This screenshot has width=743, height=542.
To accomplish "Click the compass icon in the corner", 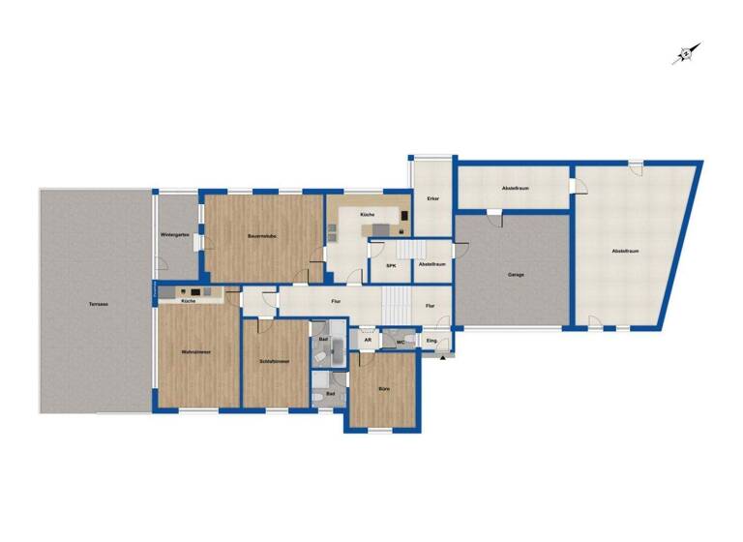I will [x=686, y=54].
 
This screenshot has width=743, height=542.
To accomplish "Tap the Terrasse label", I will [x=98, y=304].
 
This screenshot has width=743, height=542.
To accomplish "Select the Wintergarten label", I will [x=174, y=235].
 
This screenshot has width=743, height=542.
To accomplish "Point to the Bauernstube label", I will [x=262, y=235].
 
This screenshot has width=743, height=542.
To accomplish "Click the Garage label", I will [x=516, y=275].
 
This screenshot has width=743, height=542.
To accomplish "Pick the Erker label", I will [x=432, y=198].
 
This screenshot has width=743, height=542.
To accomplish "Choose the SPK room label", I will [x=391, y=264].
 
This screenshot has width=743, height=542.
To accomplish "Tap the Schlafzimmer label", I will [x=275, y=362].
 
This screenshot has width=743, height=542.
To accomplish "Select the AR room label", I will [x=368, y=341].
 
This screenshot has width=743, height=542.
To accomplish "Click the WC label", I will [x=400, y=341].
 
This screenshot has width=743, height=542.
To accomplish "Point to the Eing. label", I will [x=431, y=341].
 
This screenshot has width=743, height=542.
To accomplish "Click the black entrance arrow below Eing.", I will [x=444, y=358].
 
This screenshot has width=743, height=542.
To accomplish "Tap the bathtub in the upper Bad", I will [x=335, y=348].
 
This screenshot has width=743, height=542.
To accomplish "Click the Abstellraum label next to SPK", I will [x=431, y=264].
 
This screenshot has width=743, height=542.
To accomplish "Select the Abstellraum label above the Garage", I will [x=515, y=187].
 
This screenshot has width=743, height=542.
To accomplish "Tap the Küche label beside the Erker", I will [x=367, y=214].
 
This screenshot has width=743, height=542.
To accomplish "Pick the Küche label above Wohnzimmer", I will [x=188, y=302].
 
